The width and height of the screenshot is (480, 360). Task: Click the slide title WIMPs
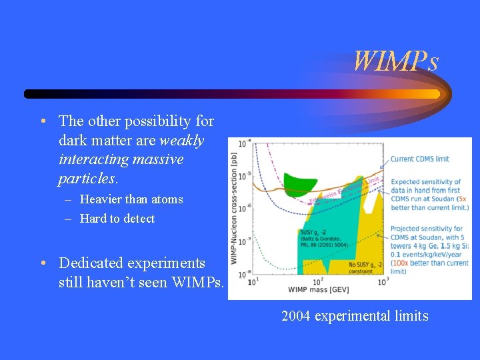tap(395, 62)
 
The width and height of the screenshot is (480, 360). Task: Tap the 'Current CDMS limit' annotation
tap(419, 159)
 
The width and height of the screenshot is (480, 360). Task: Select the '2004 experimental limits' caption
tap(355, 315)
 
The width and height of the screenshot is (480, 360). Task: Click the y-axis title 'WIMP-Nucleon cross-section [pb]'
tap(234, 206)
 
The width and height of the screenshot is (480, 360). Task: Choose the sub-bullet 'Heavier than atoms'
tap(131, 199)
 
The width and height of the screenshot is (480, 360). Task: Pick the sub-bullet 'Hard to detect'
tap(117, 219)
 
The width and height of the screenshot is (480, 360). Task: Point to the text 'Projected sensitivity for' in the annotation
tap(427, 229)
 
